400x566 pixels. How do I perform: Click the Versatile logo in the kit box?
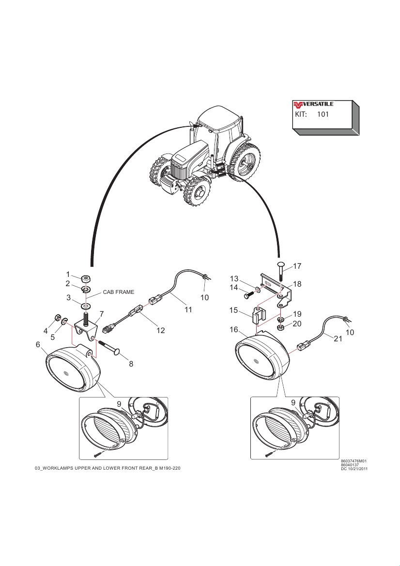tap(313, 104)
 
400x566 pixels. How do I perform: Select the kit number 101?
tap(323, 115)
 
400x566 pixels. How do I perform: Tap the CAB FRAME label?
tap(118, 292)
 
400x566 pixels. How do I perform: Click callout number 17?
tap(297, 266)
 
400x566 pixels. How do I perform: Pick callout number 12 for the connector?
tap(161, 331)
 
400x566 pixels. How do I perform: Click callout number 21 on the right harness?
tap(338, 339)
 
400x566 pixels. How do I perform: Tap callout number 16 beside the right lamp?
tap(234, 330)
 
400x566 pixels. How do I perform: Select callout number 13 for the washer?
tap(234, 279)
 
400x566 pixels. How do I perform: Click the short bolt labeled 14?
tap(250, 293)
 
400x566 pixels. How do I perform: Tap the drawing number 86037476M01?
tap(354, 461)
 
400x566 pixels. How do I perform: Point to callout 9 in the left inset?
tap(119, 403)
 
